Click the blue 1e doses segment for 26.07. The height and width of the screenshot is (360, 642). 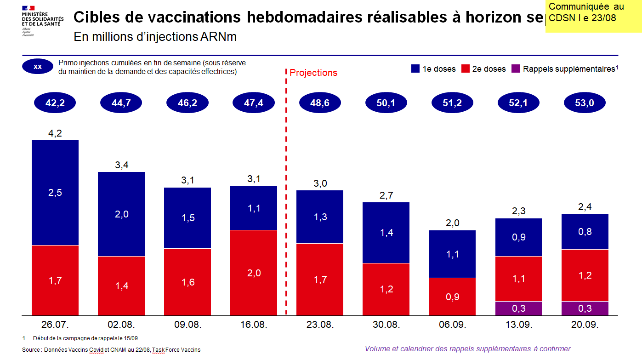click(x=55, y=193)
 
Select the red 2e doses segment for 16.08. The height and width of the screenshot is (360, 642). click(x=254, y=273)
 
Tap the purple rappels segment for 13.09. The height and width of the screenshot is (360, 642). click(x=518, y=308)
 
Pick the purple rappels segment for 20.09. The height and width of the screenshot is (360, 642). click(x=585, y=308)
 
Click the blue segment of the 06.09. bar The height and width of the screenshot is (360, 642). click(x=452, y=254)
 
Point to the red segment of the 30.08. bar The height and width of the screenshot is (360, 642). click(x=386, y=289)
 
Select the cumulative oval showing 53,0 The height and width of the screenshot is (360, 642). click(x=585, y=103)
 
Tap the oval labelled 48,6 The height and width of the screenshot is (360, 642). click(x=319, y=103)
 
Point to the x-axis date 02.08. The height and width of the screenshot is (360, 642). click(x=121, y=325)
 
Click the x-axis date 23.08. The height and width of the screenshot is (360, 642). click(x=320, y=325)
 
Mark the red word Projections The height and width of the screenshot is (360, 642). click(x=313, y=73)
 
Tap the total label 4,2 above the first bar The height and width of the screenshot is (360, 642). click(x=55, y=134)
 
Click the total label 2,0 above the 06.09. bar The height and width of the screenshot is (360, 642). click(x=452, y=224)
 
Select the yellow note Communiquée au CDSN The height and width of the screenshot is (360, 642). click(x=593, y=16)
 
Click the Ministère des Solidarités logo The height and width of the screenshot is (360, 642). click(x=42, y=21)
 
